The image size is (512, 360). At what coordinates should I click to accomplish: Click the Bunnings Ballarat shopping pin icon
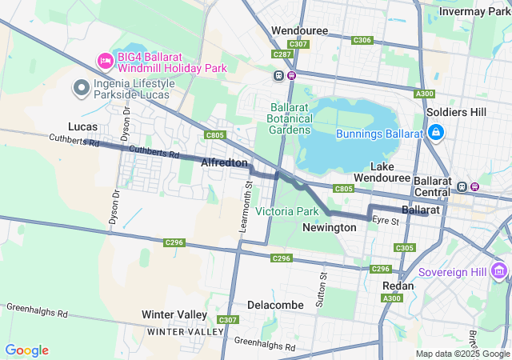click(x=436, y=133)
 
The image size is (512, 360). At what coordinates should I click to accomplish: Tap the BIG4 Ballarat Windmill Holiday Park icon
click(x=105, y=61)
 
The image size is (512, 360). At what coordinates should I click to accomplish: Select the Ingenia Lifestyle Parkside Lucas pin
click(x=81, y=88)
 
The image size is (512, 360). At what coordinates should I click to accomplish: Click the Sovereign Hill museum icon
click(x=500, y=272)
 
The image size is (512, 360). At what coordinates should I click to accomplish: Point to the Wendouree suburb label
click(x=301, y=30)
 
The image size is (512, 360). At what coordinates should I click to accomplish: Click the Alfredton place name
click(x=224, y=162)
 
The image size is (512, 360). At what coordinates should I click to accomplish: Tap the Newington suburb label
click(x=329, y=228)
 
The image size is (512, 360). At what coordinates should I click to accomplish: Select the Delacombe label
click(x=275, y=305)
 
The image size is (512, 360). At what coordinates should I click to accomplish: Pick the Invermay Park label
click(x=474, y=11)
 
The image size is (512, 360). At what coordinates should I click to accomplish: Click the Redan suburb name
click(x=398, y=286)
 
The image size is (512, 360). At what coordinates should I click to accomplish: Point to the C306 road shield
click(x=362, y=40)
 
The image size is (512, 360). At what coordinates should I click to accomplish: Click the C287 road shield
click(x=282, y=54)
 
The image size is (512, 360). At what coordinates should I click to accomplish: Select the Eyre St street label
click(x=385, y=221)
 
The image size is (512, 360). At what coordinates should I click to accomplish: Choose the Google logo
click(x=26, y=350)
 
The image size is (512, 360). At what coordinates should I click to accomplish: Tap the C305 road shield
click(x=405, y=248)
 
